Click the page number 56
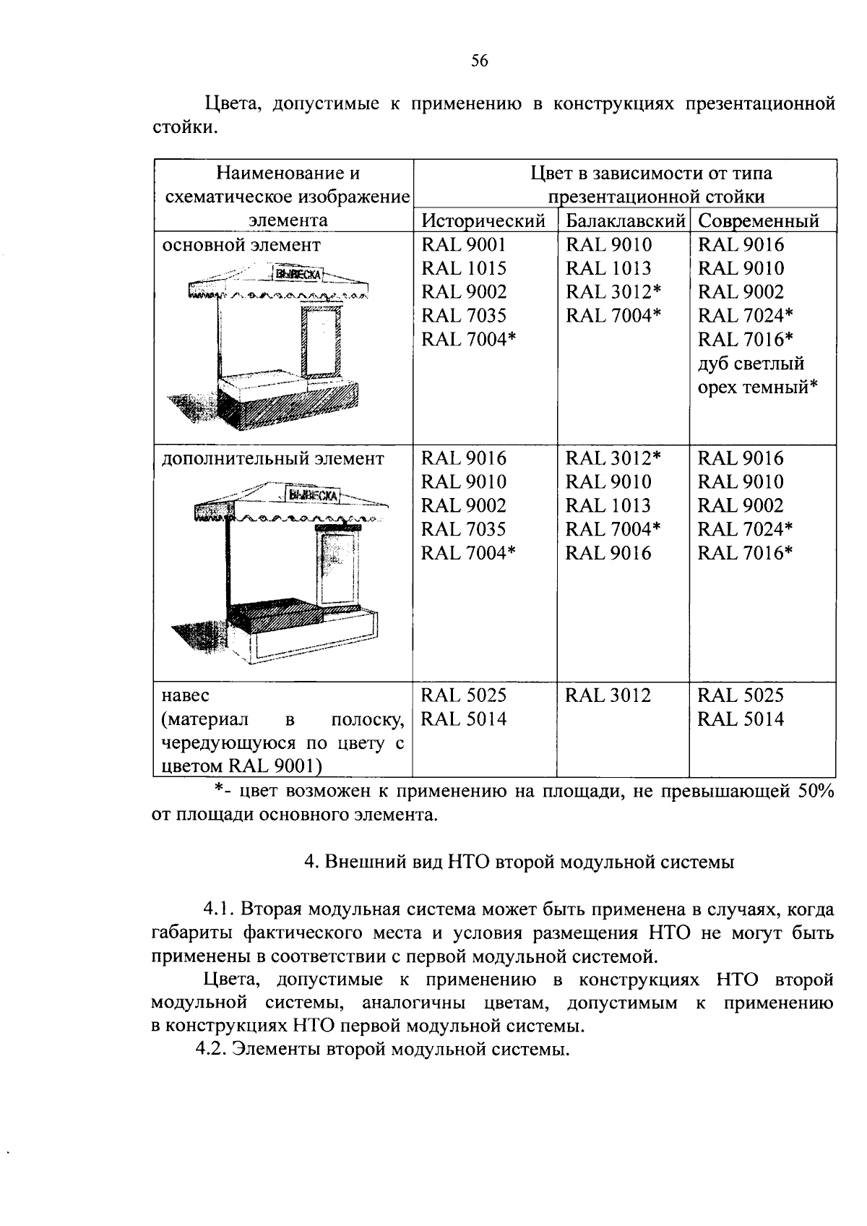coord(480,61)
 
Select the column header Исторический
coord(483,220)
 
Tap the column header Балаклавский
coord(624,220)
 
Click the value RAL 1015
coord(464,268)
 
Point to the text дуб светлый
coord(751,363)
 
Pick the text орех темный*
coord(757,387)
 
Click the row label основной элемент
coord(241,245)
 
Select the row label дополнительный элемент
coord(273,458)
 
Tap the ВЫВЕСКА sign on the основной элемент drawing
coord(298,275)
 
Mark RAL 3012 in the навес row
coord(608,695)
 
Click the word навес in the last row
coord(186,695)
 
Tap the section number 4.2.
coord(212,1050)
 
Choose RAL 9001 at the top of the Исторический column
coord(464,244)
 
